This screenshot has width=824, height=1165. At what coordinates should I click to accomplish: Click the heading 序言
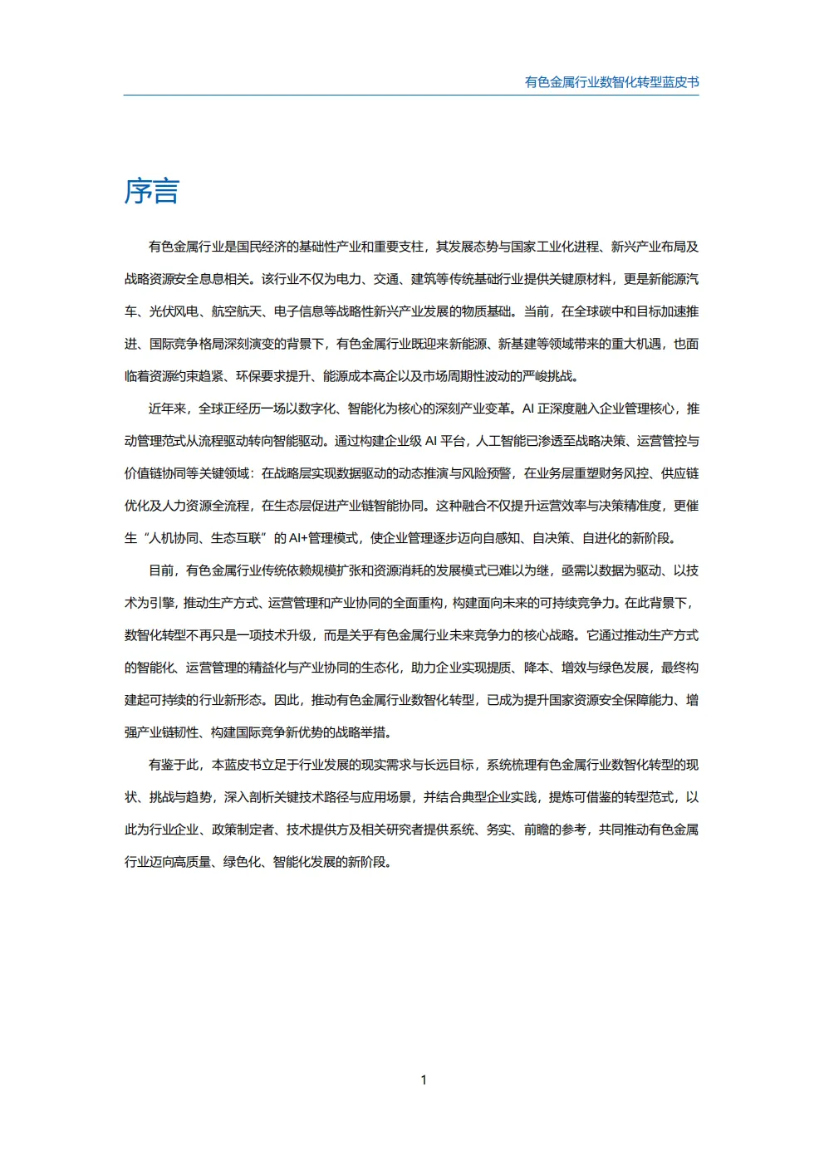(x=152, y=192)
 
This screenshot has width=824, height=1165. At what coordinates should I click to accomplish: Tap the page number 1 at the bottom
(x=424, y=1080)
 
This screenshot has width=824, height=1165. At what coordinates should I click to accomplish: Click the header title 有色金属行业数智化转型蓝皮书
(x=611, y=82)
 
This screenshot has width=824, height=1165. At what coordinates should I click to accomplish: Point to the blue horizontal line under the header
(x=411, y=95)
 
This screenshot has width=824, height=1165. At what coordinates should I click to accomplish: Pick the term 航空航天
(x=236, y=311)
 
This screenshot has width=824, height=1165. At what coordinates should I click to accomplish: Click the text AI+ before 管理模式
(x=297, y=538)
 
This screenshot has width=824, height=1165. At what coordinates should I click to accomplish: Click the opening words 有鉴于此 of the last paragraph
(x=173, y=765)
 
